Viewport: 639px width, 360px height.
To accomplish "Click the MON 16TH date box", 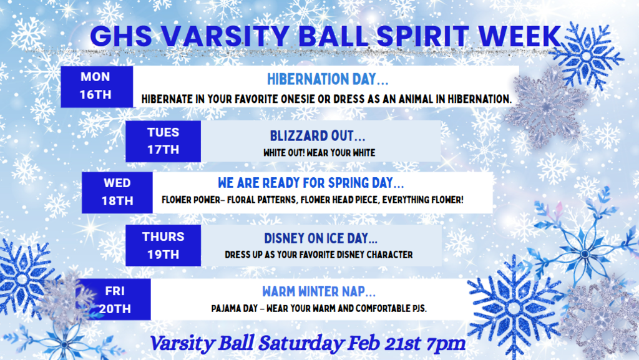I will click(x=95, y=86).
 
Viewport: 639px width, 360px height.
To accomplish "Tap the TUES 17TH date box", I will click(x=163, y=141).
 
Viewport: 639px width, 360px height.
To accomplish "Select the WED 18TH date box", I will click(x=117, y=192).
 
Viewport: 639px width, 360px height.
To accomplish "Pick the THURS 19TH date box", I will click(x=163, y=245).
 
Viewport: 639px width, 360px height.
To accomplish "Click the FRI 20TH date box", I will click(x=114, y=299).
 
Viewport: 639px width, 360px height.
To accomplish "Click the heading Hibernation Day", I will click(x=327, y=79).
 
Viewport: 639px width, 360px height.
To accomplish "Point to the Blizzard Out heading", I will click(x=317, y=135).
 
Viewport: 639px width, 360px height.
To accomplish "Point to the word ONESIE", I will click(x=319, y=99).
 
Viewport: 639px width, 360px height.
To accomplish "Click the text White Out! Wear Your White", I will click(x=319, y=152).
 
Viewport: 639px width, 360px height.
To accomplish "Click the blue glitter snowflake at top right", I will click(x=585, y=55).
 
